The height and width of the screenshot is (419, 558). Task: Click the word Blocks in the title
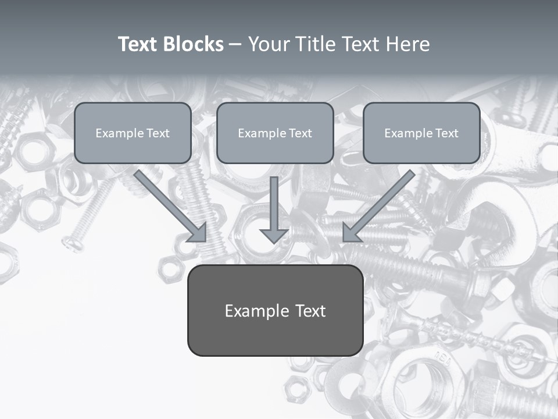[x=192, y=44]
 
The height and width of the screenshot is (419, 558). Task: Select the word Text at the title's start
[x=137, y=44]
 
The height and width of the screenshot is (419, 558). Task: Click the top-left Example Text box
[x=133, y=133]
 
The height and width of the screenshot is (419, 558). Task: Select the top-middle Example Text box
[x=275, y=133]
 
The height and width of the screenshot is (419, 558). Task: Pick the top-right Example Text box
[x=421, y=133]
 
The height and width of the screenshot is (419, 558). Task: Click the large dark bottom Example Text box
[x=275, y=311]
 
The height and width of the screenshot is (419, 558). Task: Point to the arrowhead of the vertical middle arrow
[x=274, y=235]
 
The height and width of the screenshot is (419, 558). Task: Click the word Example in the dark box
[x=257, y=311]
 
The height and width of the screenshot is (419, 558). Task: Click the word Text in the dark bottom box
[x=309, y=311]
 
